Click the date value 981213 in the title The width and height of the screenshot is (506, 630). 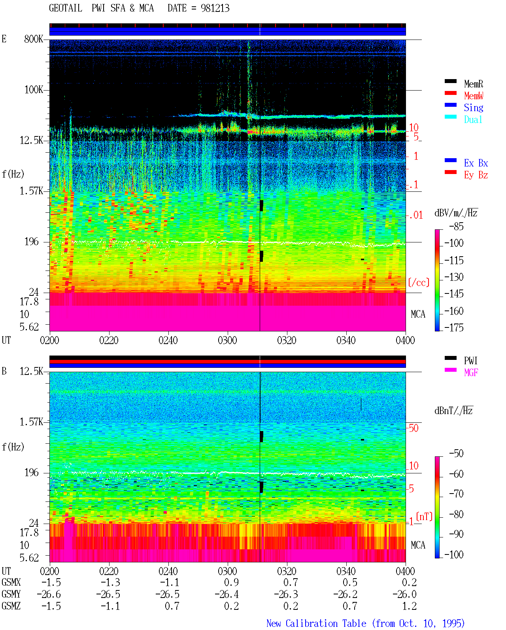[x=215, y=8]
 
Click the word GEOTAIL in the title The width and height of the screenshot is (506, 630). [x=66, y=8]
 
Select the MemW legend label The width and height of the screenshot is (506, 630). [x=474, y=96]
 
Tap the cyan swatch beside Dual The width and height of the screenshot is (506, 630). [x=450, y=117]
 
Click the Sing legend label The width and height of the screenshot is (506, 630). [x=474, y=108]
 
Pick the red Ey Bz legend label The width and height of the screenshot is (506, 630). [x=476, y=175]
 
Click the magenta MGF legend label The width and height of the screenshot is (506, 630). [x=471, y=373]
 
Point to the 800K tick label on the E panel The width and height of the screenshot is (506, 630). [x=34, y=39]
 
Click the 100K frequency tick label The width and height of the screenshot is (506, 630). [x=34, y=90]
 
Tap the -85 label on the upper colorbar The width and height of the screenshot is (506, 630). [x=456, y=226]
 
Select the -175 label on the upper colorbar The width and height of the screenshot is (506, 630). [x=454, y=327]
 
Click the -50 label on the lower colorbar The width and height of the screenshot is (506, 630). [x=456, y=454]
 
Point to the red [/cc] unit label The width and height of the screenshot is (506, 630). [x=419, y=282]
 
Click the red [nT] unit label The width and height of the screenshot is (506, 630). [x=424, y=516]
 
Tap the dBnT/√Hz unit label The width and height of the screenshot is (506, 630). [x=453, y=411]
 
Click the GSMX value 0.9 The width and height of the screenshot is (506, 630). [x=232, y=582]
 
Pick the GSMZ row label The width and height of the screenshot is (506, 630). [x=11, y=606]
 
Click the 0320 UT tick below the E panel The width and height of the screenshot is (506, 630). [x=287, y=340]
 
